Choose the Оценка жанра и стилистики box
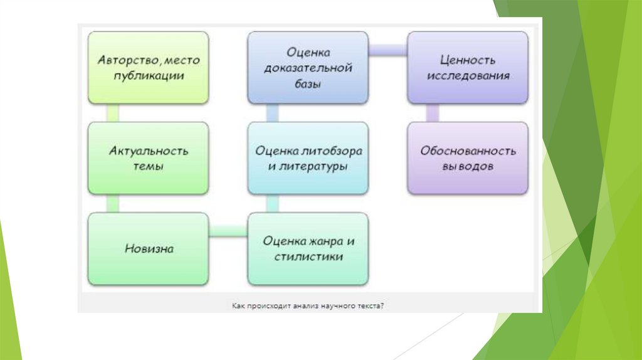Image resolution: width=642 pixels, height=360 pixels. point(308,248)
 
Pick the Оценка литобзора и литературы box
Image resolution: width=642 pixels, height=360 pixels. point(308,158)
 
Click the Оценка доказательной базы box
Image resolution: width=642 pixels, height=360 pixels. point(308,68)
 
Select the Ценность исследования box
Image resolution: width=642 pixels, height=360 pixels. point(468,68)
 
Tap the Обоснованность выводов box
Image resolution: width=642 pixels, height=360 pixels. point(468,158)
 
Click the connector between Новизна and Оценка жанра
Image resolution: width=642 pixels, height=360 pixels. point(228,232)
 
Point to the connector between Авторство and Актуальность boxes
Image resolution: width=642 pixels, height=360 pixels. point(112,113)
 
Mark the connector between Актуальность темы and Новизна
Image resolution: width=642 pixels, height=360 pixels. point(112,203)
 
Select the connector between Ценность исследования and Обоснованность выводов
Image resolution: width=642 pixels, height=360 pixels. point(433,113)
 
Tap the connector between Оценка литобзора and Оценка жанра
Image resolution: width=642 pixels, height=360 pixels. point(273,203)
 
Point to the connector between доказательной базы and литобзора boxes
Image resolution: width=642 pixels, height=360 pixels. point(273,113)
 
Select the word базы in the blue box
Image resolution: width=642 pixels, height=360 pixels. point(308,83)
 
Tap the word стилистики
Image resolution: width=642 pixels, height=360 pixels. point(308,257)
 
